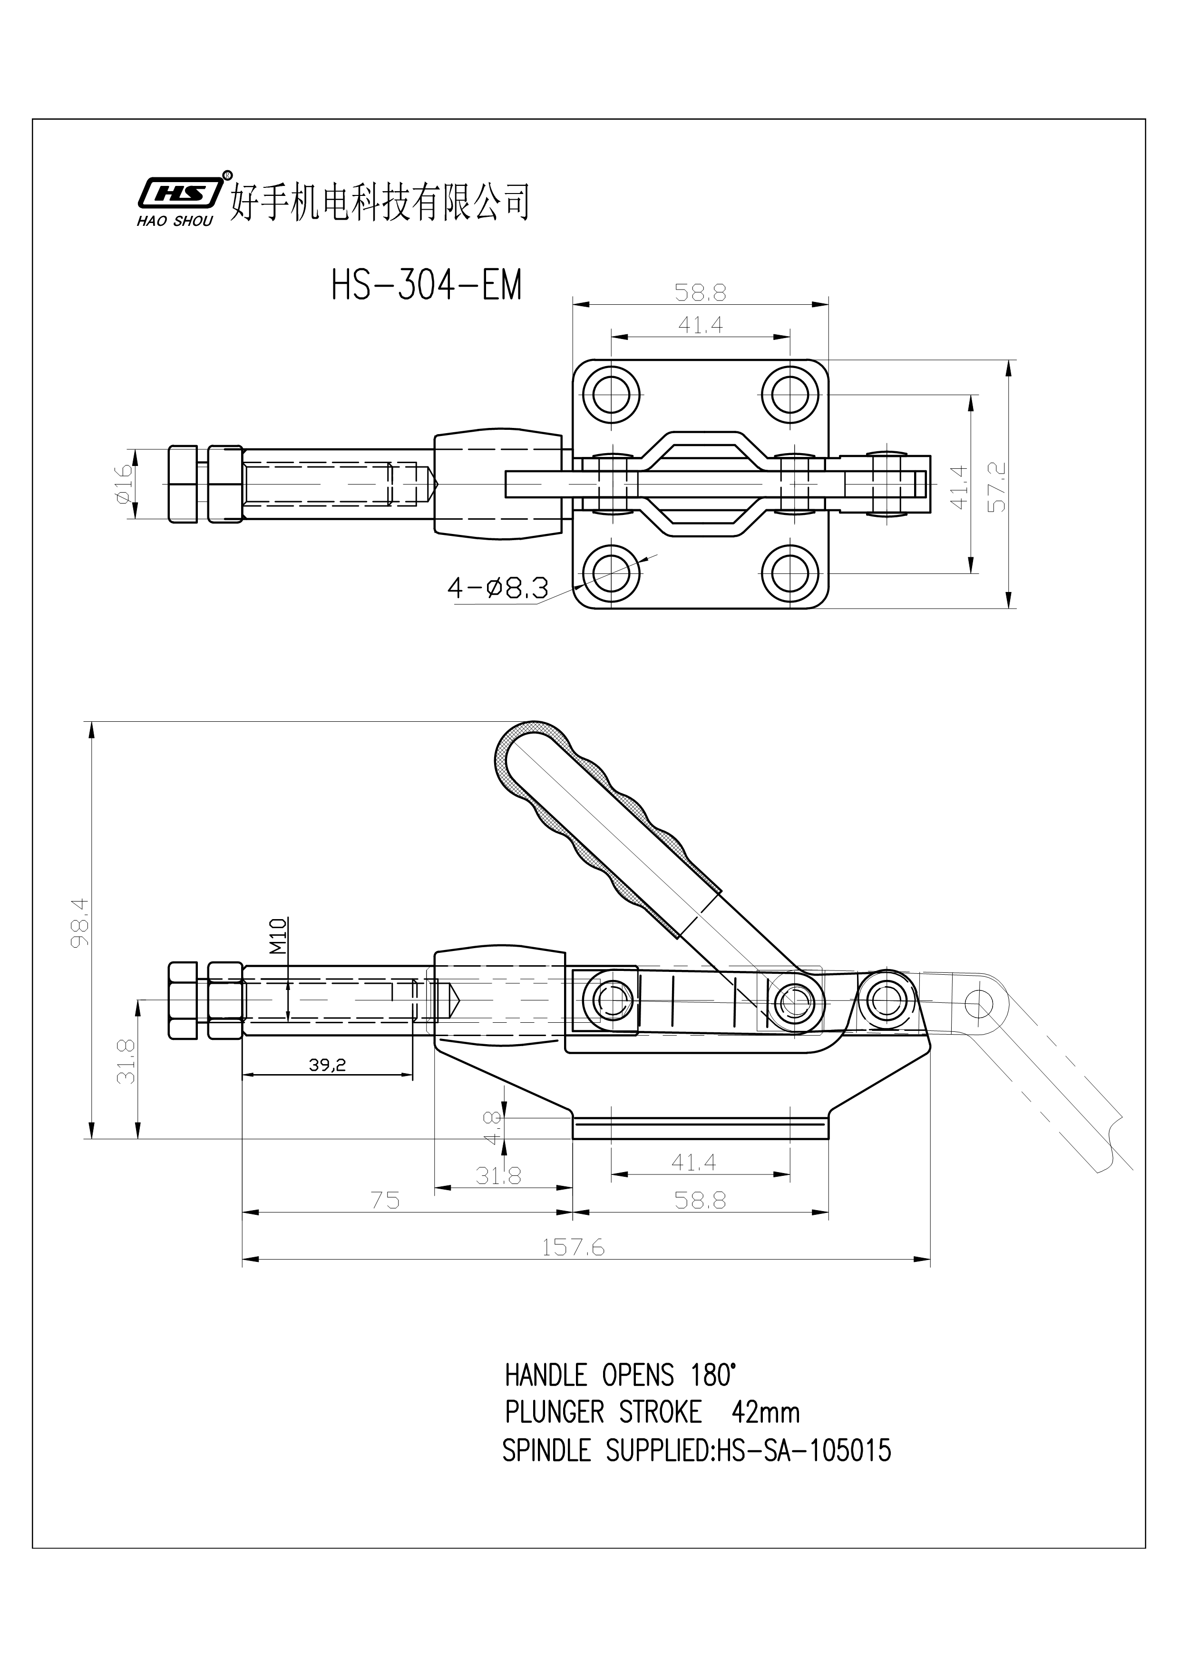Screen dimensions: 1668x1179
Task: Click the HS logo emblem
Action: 179,193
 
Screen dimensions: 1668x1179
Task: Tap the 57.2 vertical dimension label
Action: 998,487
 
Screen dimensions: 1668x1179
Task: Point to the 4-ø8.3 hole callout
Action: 497,587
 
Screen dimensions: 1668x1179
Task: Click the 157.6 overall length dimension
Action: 573,1247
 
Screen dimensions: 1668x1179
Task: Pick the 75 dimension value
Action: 385,1200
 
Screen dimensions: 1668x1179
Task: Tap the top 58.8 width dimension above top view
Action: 700,293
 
